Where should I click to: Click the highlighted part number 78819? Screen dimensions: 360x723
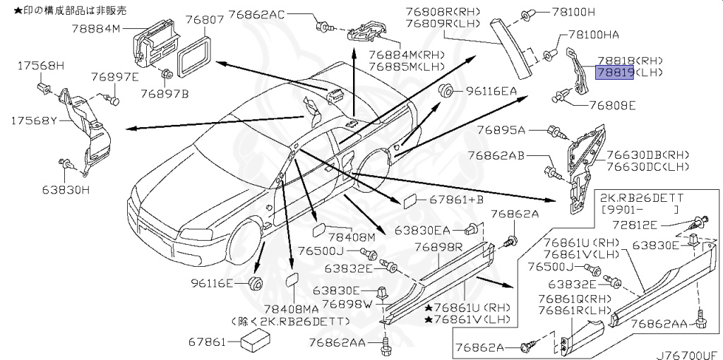(x=615, y=72)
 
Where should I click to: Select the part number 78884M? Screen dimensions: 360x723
(x=97, y=29)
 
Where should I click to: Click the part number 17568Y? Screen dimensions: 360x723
(x=32, y=121)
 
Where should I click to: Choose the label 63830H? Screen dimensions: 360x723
(x=66, y=190)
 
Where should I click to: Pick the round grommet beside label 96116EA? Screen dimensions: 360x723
(x=446, y=90)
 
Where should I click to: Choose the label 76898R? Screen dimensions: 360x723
(x=438, y=246)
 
